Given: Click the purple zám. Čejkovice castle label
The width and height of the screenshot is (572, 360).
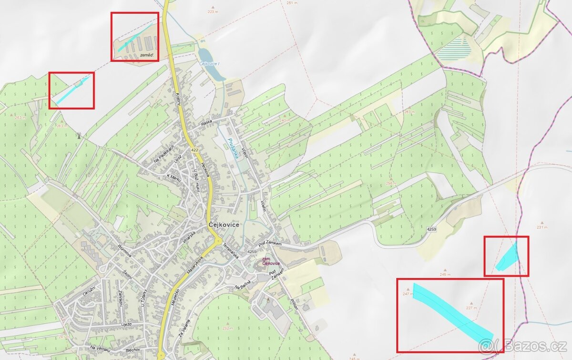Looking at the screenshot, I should click(270, 261).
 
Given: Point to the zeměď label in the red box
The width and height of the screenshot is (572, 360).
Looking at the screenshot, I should click(147, 56).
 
